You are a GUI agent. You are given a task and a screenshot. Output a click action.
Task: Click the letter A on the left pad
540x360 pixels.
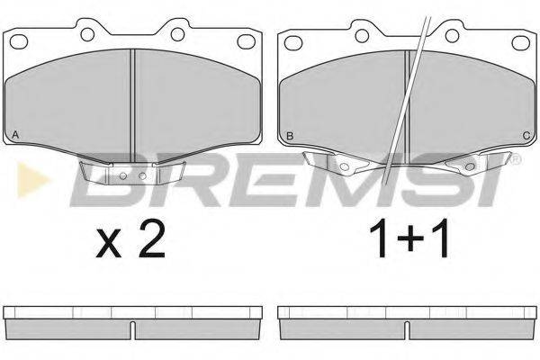(x=14, y=135)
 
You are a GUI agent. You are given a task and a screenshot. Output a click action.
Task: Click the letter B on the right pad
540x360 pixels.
(x=290, y=136)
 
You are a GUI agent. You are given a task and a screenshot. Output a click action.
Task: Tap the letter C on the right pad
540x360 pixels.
(x=526, y=136)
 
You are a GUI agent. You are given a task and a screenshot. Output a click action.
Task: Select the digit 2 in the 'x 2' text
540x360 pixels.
(x=152, y=238)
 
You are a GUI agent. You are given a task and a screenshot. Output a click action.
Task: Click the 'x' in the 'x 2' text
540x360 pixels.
(x=109, y=244)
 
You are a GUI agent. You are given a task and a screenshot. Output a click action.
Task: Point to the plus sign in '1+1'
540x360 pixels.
(x=409, y=238)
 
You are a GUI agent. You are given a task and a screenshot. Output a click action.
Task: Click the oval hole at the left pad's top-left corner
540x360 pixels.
(x=19, y=41)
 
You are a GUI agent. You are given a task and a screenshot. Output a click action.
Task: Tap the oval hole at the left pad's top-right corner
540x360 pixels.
(x=247, y=41)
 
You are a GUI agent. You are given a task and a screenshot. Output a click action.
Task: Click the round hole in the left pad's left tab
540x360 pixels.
(x=87, y=34)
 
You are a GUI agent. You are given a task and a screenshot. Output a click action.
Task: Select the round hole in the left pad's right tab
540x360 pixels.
(x=177, y=34)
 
